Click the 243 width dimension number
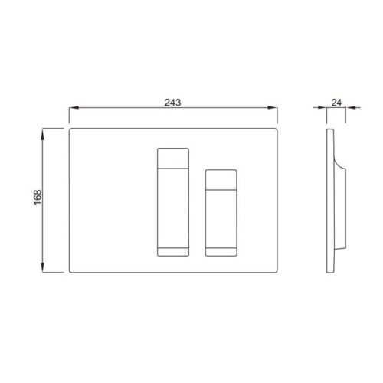click(x=172, y=103)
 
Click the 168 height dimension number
click(x=38, y=197)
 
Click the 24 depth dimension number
click(x=336, y=103)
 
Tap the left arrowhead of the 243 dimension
click(x=74, y=108)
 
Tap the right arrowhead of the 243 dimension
click(x=273, y=108)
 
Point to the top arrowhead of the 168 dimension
click(x=43, y=134)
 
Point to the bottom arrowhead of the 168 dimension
click(x=43, y=267)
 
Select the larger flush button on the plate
click(x=173, y=202)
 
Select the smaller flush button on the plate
click(x=221, y=213)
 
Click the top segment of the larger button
click(x=173, y=159)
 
